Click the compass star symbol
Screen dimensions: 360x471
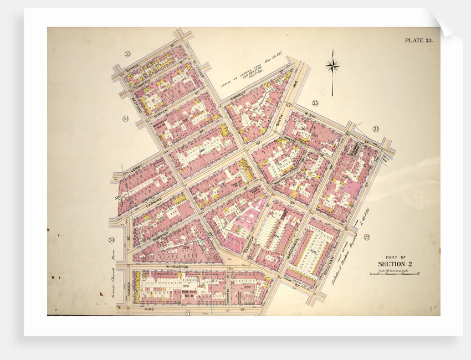point(332,66)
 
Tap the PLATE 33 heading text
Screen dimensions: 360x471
point(419,40)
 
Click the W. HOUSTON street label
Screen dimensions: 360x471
point(177,266)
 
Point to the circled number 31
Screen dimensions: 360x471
point(375,129)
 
